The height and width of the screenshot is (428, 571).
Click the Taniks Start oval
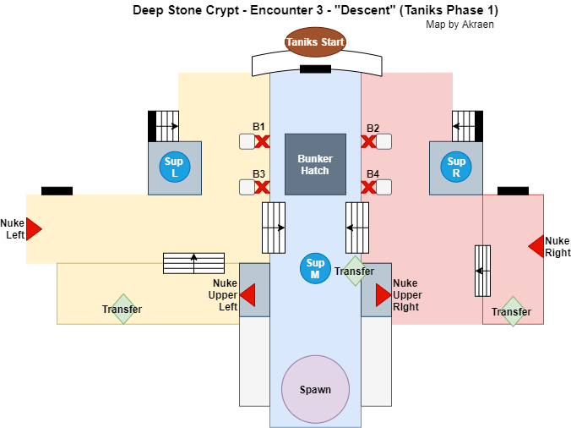point(315,41)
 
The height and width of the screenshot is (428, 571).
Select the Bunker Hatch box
point(315,164)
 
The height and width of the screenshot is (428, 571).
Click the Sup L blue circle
point(175,167)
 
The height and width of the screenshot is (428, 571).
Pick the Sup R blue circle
point(456,167)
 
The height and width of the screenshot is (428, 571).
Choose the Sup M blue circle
point(315,269)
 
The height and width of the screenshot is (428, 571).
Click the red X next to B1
point(262,141)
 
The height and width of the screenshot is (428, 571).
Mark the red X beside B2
point(368,141)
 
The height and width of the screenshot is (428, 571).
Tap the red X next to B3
point(262,189)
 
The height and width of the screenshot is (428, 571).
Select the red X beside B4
point(368,189)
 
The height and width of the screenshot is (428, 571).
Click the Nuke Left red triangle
point(34,228)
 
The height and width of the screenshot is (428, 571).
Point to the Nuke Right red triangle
point(536,246)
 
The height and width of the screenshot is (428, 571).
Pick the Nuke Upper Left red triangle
point(247,294)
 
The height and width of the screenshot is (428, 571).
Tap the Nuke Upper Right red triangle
point(383,294)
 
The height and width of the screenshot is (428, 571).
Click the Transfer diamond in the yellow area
point(122,309)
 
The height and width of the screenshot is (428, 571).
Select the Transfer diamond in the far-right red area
point(512,311)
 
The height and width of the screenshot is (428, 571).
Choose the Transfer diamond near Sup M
point(354,271)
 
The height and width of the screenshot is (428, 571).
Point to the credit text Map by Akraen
point(460,25)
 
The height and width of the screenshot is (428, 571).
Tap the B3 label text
point(259,174)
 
